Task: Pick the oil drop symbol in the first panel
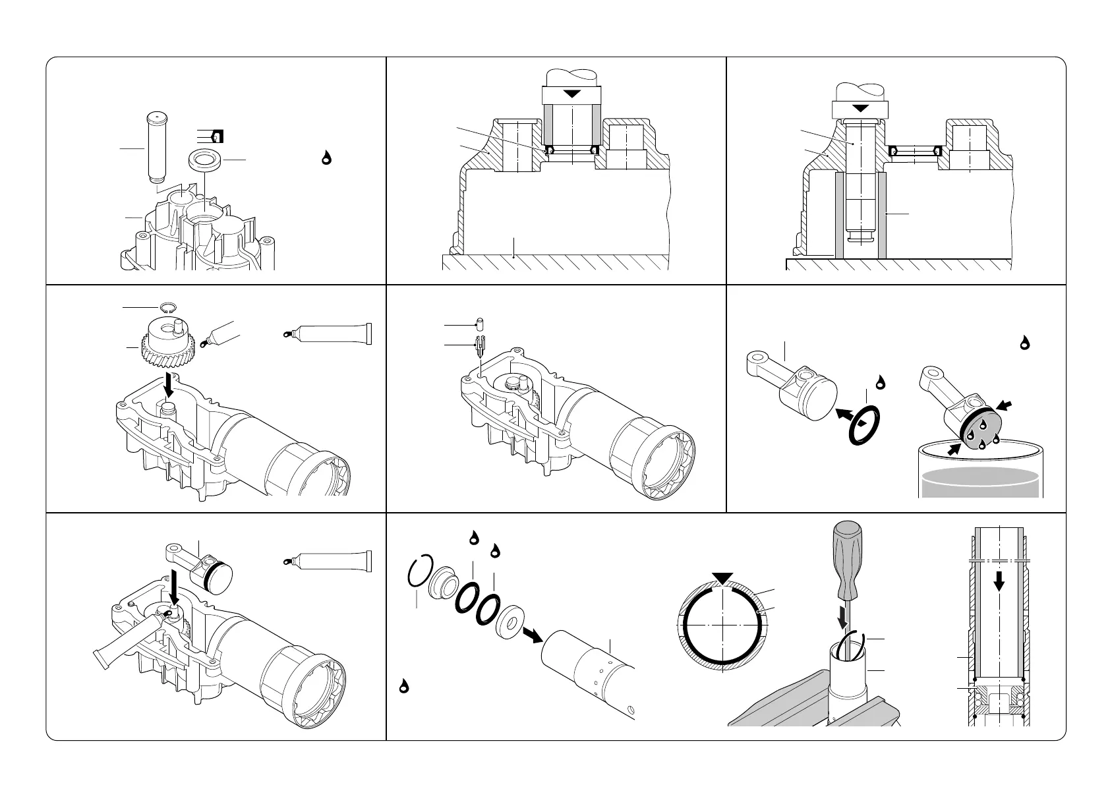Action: [326, 158]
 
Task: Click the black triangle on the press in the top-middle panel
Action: [572, 94]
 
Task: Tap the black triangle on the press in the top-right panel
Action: [860, 107]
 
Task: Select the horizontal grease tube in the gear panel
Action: [328, 334]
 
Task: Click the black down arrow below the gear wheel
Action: [169, 382]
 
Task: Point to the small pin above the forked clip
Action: [481, 324]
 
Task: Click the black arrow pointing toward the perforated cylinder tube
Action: [531, 634]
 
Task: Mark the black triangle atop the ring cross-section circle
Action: [723, 578]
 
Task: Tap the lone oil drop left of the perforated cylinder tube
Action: [403, 686]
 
